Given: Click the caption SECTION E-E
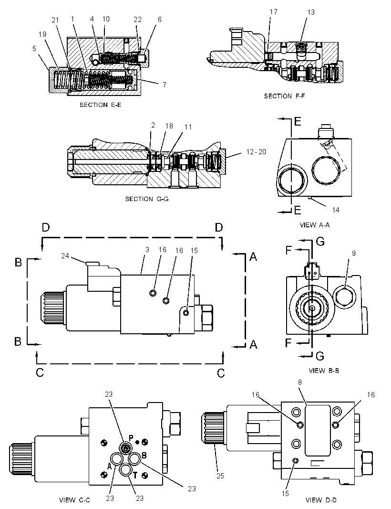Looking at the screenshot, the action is [101, 105].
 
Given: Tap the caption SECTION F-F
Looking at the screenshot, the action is [284, 96].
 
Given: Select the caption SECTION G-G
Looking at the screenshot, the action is [147, 199].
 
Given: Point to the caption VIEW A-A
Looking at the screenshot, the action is [315, 225].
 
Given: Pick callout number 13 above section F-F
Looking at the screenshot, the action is [310, 12].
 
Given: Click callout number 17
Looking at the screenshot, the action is [274, 11].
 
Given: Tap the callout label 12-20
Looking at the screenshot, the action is [256, 151].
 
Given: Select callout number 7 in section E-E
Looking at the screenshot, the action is [165, 85].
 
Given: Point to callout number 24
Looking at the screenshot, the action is [65, 256].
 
